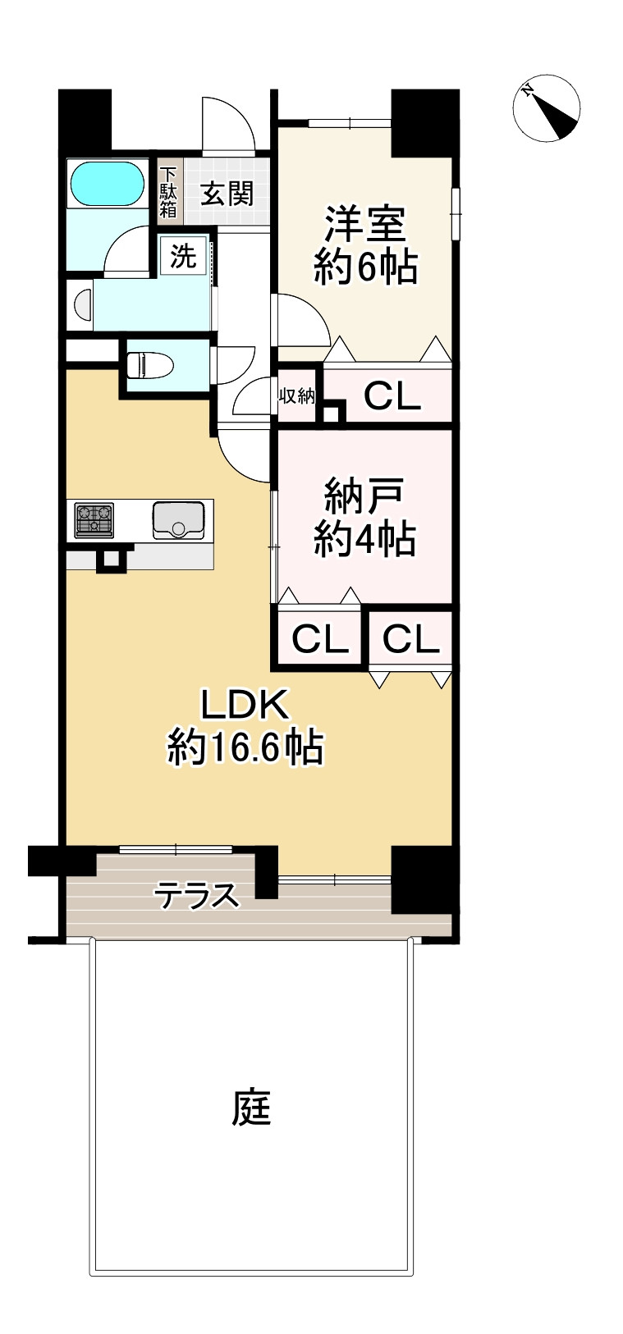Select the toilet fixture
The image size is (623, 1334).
coord(148,363)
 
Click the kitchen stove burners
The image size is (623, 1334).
coord(94,520)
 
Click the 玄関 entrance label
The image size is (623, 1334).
coord(227,194)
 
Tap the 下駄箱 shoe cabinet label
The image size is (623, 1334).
coord(168,192)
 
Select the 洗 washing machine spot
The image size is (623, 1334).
coord(184,257)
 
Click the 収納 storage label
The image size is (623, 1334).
coord(296,396)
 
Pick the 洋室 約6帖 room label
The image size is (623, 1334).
coord(365,245)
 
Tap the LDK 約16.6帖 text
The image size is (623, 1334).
coord(245,726)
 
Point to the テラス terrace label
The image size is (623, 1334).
coord(197,895)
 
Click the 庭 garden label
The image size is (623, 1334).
coord(250,1108)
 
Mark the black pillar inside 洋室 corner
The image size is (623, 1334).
coord(423,123)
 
